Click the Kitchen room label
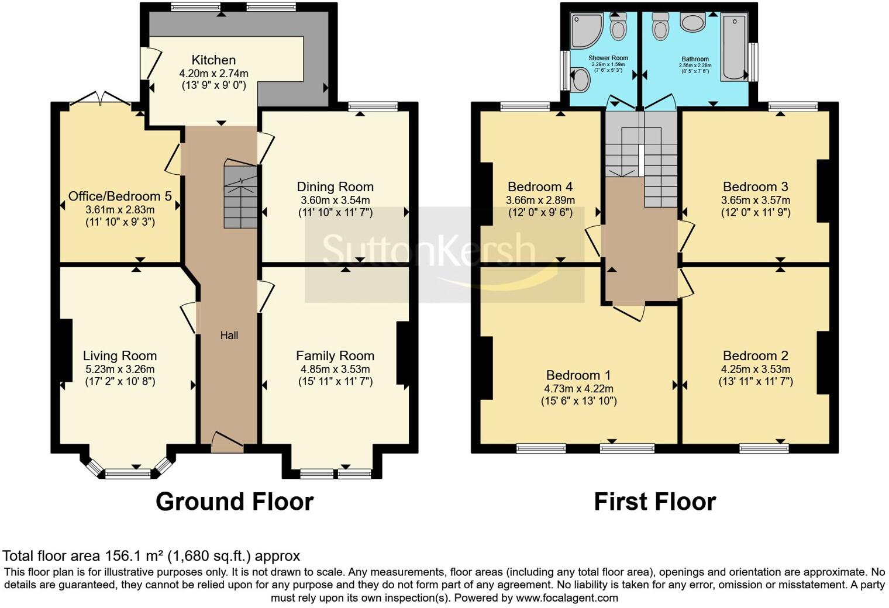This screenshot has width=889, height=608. tap(213, 60)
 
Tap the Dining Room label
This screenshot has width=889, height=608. tap(335, 187)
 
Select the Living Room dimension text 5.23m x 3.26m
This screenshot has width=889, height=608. tap(120, 369)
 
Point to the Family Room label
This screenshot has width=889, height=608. tap(335, 355)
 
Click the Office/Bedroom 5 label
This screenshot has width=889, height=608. tap(120, 196)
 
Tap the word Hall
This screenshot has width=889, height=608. tap(229, 336)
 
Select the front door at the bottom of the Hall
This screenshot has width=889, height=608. tap(227, 443)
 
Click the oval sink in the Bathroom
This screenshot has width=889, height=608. tap(694, 23)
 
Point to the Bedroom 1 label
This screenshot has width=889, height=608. tap(578, 375)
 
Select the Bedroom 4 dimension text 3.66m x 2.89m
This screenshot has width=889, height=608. tap(540, 200)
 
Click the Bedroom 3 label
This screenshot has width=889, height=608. tap(755, 187)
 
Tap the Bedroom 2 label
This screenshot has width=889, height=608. tap(755, 355)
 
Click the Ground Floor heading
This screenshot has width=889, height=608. tap(235, 502)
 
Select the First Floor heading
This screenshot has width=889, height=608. tap(654, 502)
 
